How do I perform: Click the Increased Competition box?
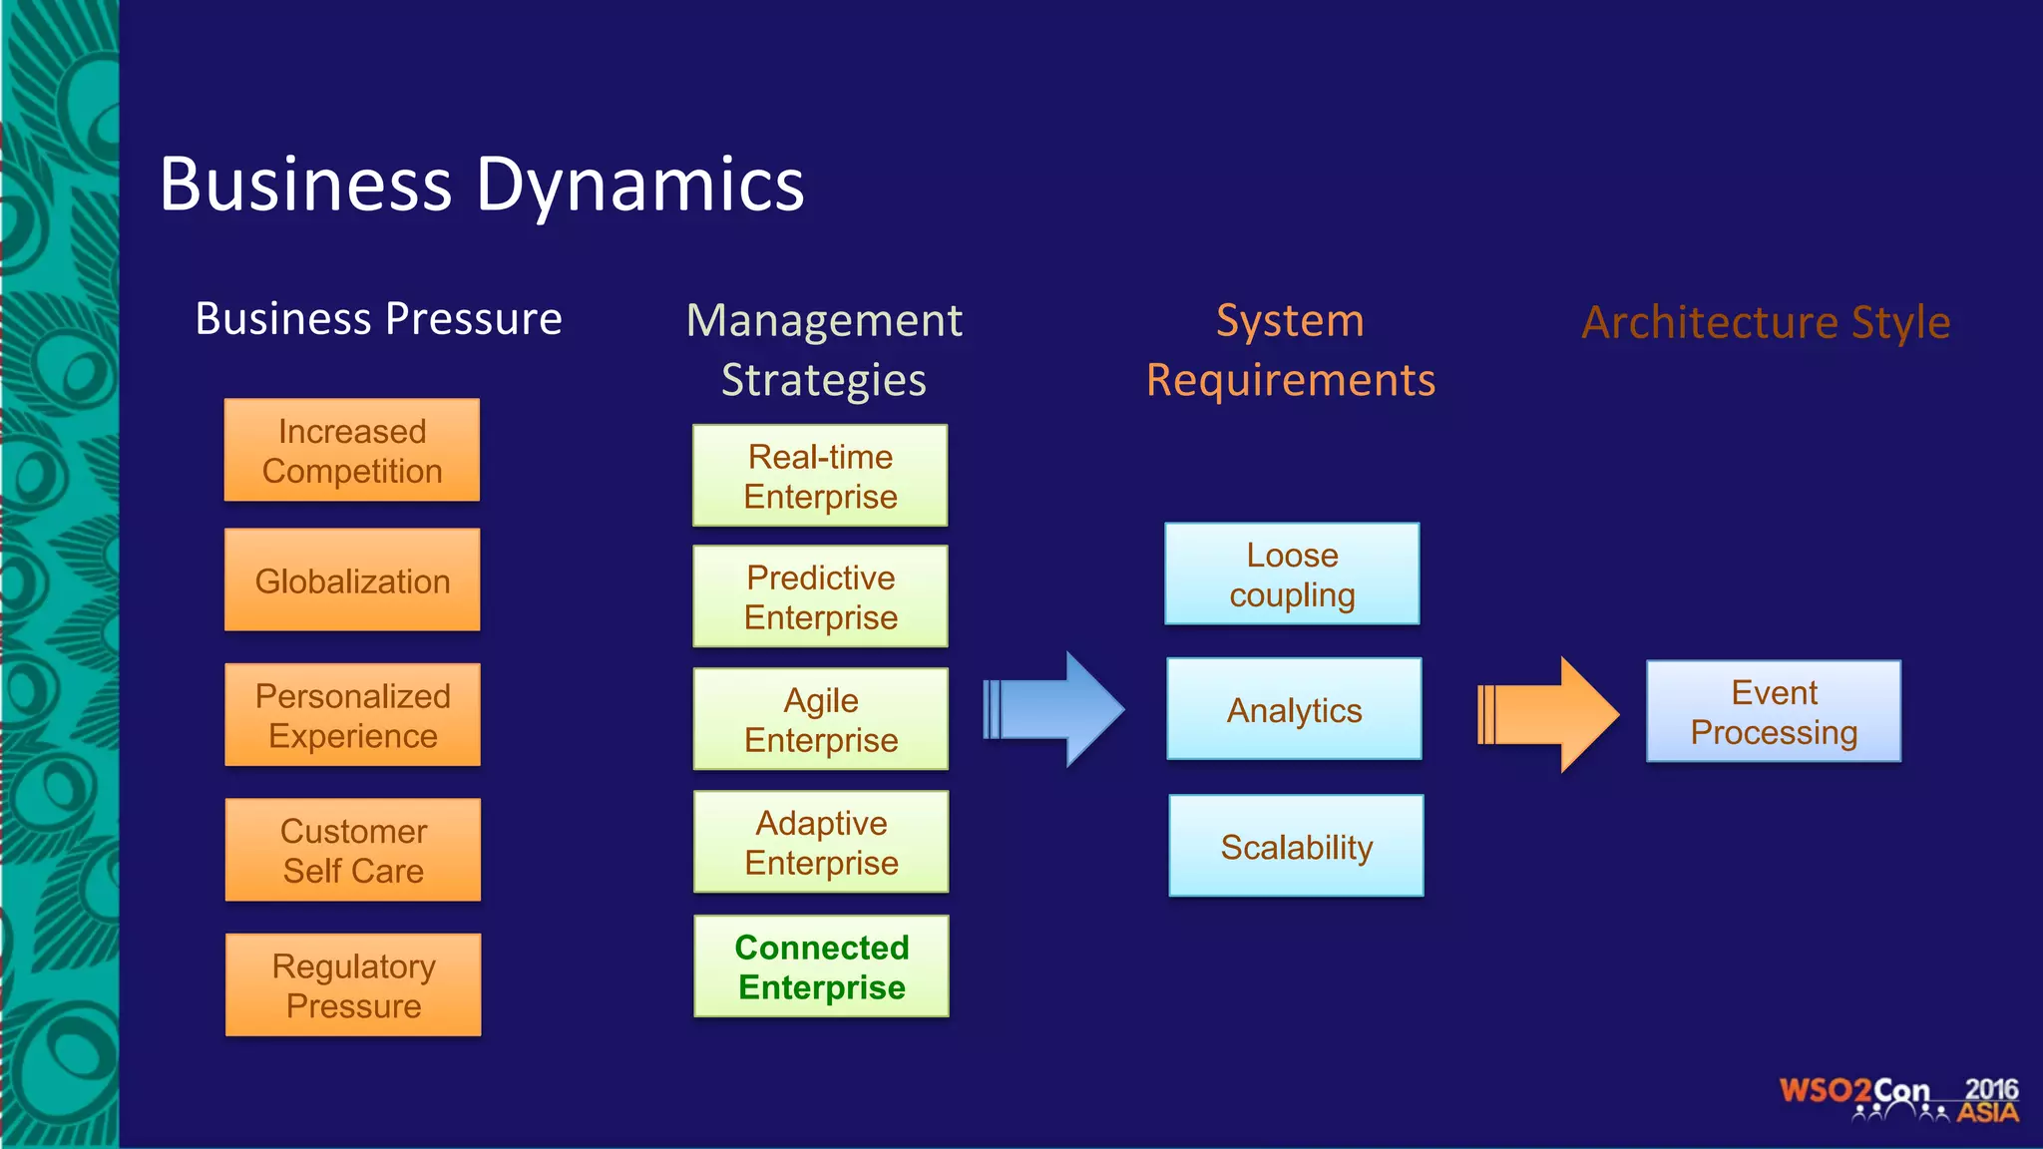pos(351,451)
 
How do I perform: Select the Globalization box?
pos(351,580)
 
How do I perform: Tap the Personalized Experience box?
pos(352,715)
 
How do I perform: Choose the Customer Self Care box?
pos(352,850)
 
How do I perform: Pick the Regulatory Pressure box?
pos(352,985)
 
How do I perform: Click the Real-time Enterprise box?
pos(820,476)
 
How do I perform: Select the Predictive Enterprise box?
pos(820,596)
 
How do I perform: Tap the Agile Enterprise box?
pos(820,719)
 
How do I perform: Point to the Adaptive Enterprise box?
pos(821,842)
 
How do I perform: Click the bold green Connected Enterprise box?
pos(821,966)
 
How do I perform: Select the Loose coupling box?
pos(1292,574)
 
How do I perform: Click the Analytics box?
pos(1294,709)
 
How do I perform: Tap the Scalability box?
pos(1296,846)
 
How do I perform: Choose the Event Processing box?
pos(1774,712)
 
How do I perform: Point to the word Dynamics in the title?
pos(639,186)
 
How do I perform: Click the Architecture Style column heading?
pos(1766,322)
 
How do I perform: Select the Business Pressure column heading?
pos(378,319)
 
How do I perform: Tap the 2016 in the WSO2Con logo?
pos(1991,1089)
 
